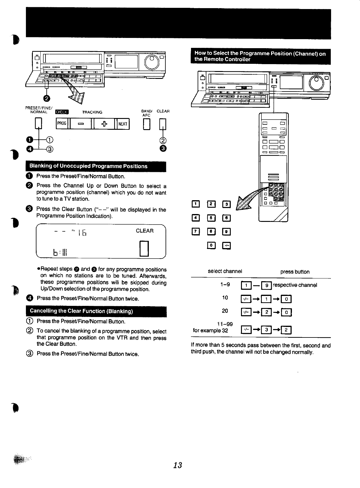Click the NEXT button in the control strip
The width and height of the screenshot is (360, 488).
pyautogui.click(x=123, y=124)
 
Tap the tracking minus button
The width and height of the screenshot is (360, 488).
pyautogui.click(x=81, y=124)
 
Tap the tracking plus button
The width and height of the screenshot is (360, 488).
pyautogui.click(x=104, y=124)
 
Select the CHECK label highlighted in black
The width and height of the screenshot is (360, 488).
pyautogui.click(x=62, y=112)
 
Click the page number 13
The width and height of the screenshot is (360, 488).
pyautogui.click(x=178, y=465)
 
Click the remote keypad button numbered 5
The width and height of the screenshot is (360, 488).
pyautogui.click(x=211, y=218)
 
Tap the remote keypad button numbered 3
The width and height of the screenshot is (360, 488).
pyautogui.click(x=226, y=205)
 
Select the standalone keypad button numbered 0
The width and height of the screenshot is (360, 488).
pyautogui.click(x=211, y=245)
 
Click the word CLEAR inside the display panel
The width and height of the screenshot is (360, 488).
pyautogui.click(x=145, y=231)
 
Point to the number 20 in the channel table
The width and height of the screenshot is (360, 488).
pyautogui.click(x=225, y=311)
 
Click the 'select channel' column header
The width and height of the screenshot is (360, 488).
pyautogui.click(x=225, y=271)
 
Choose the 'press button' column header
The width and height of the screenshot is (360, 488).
pyautogui.click(x=295, y=272)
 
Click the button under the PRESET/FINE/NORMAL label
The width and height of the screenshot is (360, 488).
pyautogui.click(x=38, y=124)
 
